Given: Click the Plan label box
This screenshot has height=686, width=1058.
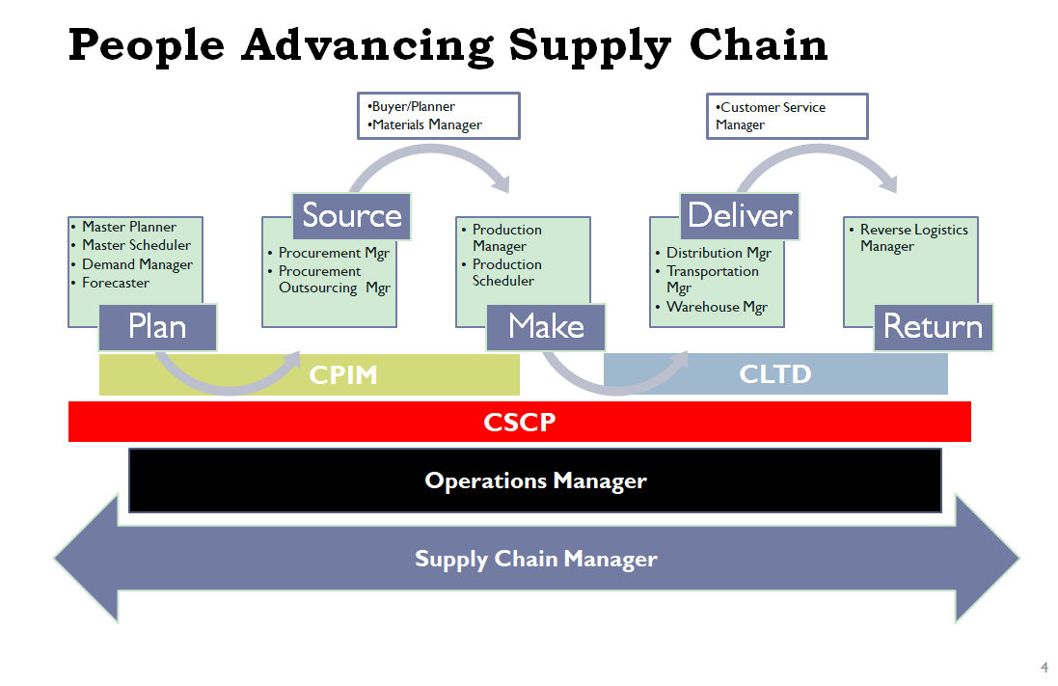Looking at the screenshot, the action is (x=157, y=327).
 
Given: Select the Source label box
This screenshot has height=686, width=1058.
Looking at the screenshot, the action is (x=352, y=216).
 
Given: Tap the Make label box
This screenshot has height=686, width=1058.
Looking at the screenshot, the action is (x=546, y=327).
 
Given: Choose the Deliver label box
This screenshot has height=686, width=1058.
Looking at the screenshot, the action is (x=740, y=216).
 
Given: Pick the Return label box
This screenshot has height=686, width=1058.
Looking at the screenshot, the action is (x=934, y=327).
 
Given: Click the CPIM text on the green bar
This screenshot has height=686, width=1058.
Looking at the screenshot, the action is (x=342, y=374).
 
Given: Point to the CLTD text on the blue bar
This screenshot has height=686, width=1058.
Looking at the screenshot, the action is (x=775, y=374).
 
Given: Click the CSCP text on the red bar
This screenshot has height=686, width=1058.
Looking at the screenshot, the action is (x=520, y=422).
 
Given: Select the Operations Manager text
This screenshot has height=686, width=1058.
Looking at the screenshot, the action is (x=535, y=480).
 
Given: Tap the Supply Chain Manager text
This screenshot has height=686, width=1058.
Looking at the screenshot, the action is (x=535, y=559).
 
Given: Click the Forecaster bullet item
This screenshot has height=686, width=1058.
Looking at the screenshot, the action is (x=116, y=283).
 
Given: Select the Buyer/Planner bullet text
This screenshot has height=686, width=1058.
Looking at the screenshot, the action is (x=411, y=107).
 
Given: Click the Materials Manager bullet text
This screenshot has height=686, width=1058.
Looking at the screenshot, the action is (x=424, y=124).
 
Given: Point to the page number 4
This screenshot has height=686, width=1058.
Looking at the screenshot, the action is (x=1044, y=667).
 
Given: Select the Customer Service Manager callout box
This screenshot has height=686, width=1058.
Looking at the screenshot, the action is (x=787, y=116).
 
